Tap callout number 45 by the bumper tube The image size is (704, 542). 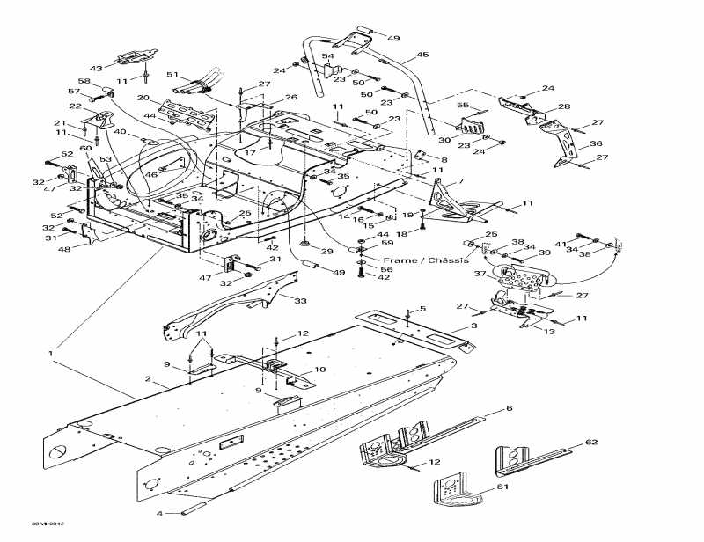coord(422,55)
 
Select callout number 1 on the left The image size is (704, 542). coord(51,354)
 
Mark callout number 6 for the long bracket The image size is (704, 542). coord(508,409)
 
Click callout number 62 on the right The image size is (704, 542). coord(591,442)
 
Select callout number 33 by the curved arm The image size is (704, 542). coord(300,301)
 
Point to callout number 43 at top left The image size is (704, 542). coord(96,68)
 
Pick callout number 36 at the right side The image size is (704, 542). coord(596,144)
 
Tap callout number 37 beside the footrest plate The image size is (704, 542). coord(480,274)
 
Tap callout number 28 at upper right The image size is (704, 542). coord(563,106)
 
